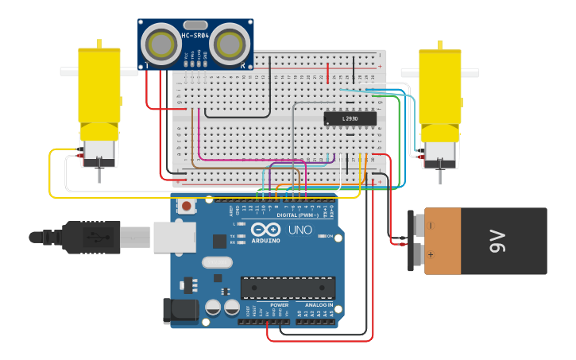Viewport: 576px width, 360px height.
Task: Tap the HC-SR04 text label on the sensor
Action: click(x=196, y=35)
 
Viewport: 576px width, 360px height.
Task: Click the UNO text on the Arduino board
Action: click(x=299, y=230)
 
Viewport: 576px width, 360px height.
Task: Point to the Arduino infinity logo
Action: click(x=265, y=230)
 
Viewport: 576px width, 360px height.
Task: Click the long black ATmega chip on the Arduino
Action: click(x=288, y=288)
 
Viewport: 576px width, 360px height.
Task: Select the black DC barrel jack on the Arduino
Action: click(x=179, y=312)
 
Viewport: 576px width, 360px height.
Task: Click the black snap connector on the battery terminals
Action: click(x=415, y=240)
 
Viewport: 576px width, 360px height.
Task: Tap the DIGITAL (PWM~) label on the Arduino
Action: click(x=297, y=215)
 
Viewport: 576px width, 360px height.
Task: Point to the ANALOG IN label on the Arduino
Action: click(x=319, y=304)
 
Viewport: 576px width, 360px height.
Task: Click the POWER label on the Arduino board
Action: click(x=279, y=304)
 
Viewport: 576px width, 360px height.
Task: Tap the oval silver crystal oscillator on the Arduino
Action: click(x=217, y=262)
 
